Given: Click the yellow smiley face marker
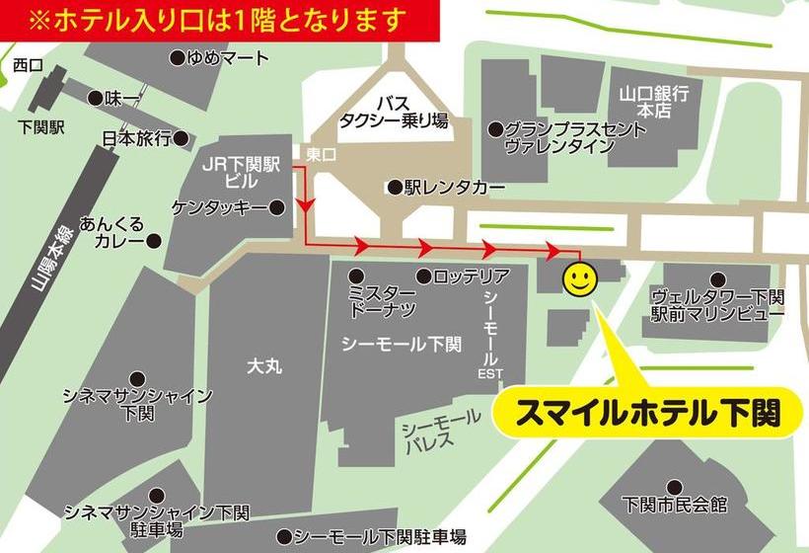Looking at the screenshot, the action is tap(579, 279).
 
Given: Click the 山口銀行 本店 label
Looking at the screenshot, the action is tap(653, 102).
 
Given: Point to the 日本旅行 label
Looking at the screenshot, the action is tap(137, 138).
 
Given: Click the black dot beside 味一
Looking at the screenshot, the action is tap(96, 98).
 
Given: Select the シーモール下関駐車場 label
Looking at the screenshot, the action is tap(380, 537).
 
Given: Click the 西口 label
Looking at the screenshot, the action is tap(28, 65).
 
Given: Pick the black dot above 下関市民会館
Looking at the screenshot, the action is tap(675, 486).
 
